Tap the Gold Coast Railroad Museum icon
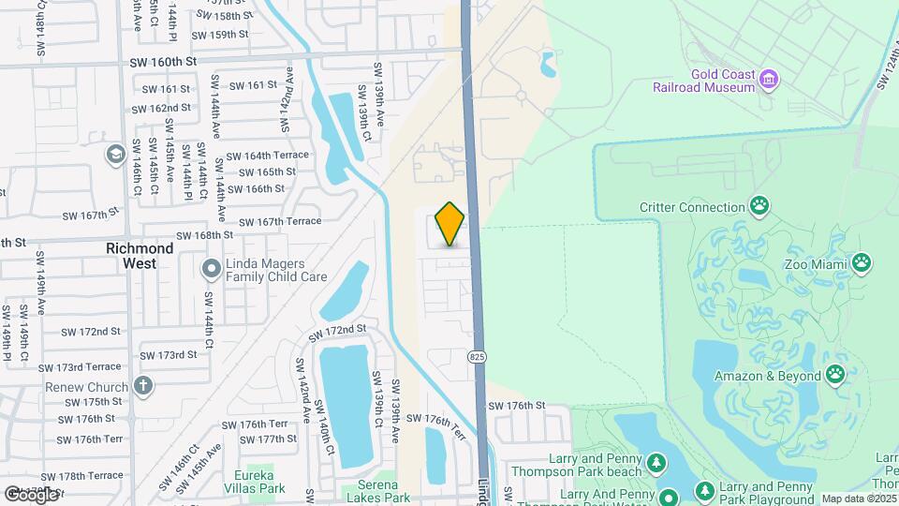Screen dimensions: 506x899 click(770, 78)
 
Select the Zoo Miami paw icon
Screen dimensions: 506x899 click(862, 262)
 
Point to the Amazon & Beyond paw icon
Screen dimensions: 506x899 click(834, 375)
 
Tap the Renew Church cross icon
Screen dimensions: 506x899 click(142, 385)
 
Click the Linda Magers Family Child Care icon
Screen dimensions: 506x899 click(211, 270)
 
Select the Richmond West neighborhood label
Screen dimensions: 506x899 click(140, 256)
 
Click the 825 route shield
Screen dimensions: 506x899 click(478, 356)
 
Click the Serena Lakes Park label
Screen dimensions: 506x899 click(376, 498)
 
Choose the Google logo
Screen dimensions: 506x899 click(31, 494)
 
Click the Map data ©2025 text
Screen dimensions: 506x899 click(859, 499)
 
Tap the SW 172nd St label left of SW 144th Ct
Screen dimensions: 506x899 click(91, 332)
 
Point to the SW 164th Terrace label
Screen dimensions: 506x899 click(267, 156)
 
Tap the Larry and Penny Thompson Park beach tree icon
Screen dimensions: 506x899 click(657, 463)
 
